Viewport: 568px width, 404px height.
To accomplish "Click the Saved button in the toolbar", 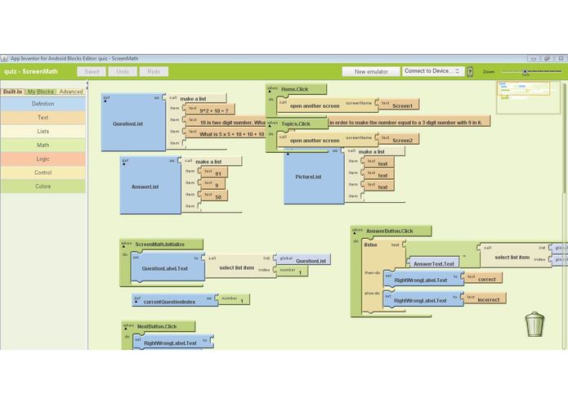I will (91, 72).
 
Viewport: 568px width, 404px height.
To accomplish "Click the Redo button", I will (153, 72).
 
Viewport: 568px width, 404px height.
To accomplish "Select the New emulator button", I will (370, 72).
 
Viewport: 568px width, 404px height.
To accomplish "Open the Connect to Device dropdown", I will (433, 72).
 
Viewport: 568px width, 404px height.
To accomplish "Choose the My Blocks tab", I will (40, 92).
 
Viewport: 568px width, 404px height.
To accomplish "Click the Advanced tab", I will (71, 92).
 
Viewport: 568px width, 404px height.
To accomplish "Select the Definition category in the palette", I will (42, 104).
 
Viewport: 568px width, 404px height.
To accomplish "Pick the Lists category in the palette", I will (42, 131).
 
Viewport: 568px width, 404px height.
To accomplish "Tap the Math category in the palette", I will (42, 145).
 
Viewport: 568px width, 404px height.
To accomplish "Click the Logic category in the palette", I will (42, 159).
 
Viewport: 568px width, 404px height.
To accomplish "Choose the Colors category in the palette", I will (42, 186).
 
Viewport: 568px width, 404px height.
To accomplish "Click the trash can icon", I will (534, 325).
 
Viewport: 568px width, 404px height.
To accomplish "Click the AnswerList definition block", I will (145, 186).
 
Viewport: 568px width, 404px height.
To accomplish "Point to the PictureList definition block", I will (307, 177).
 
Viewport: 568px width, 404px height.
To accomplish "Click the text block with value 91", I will (218, 173).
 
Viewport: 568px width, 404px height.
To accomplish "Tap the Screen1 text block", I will (402, 105).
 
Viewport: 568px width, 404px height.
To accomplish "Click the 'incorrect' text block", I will (488, 299).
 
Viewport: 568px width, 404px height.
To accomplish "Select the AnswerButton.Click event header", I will (390, 231).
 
